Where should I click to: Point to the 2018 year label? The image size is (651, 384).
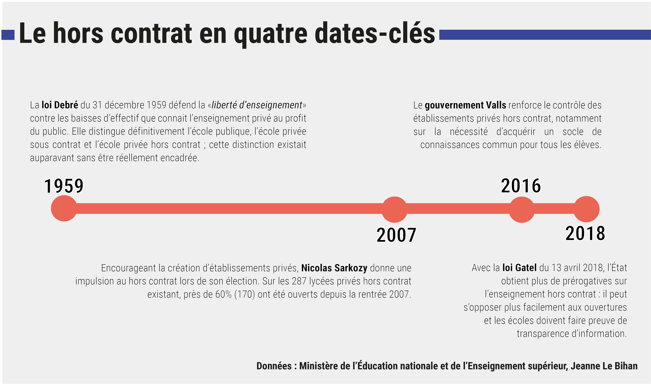pos(585,233)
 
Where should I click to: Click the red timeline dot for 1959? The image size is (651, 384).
pos(64,208)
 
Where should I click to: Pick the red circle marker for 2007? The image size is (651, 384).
pos(394,210)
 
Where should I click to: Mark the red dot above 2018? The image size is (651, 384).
pos(586,209)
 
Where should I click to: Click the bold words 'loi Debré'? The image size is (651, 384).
pos(60,105)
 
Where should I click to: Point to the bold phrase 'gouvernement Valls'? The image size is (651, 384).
pos(465,105)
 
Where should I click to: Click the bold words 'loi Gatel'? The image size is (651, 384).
pos(519,268)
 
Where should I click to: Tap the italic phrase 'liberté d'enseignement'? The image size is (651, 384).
pos(257,105)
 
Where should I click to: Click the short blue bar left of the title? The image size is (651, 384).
pos(8,35)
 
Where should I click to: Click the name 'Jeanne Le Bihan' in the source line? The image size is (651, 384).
pos(604,366)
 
